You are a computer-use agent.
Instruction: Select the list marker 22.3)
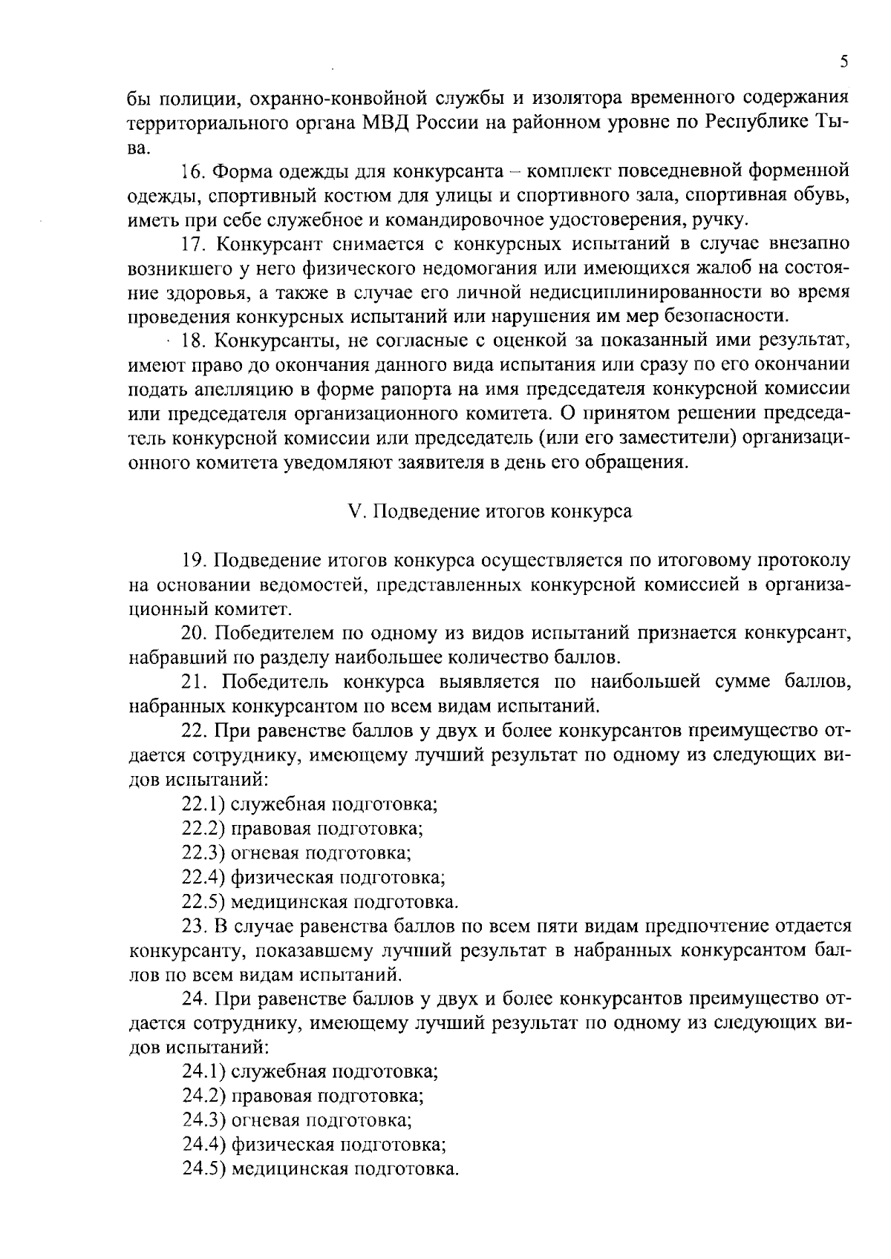(x=203, y=852)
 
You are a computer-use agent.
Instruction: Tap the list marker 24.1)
(x=203, y=1071)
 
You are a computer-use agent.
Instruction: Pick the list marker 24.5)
(x=203, y=1168)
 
